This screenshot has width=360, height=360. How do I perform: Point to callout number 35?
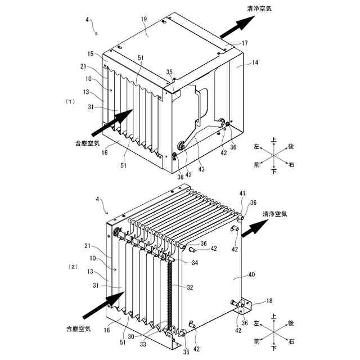(x=169, y=71)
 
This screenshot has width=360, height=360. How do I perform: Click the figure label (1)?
(x=70, y=102)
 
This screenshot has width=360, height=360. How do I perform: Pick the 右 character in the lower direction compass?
(x=291, y=341)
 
